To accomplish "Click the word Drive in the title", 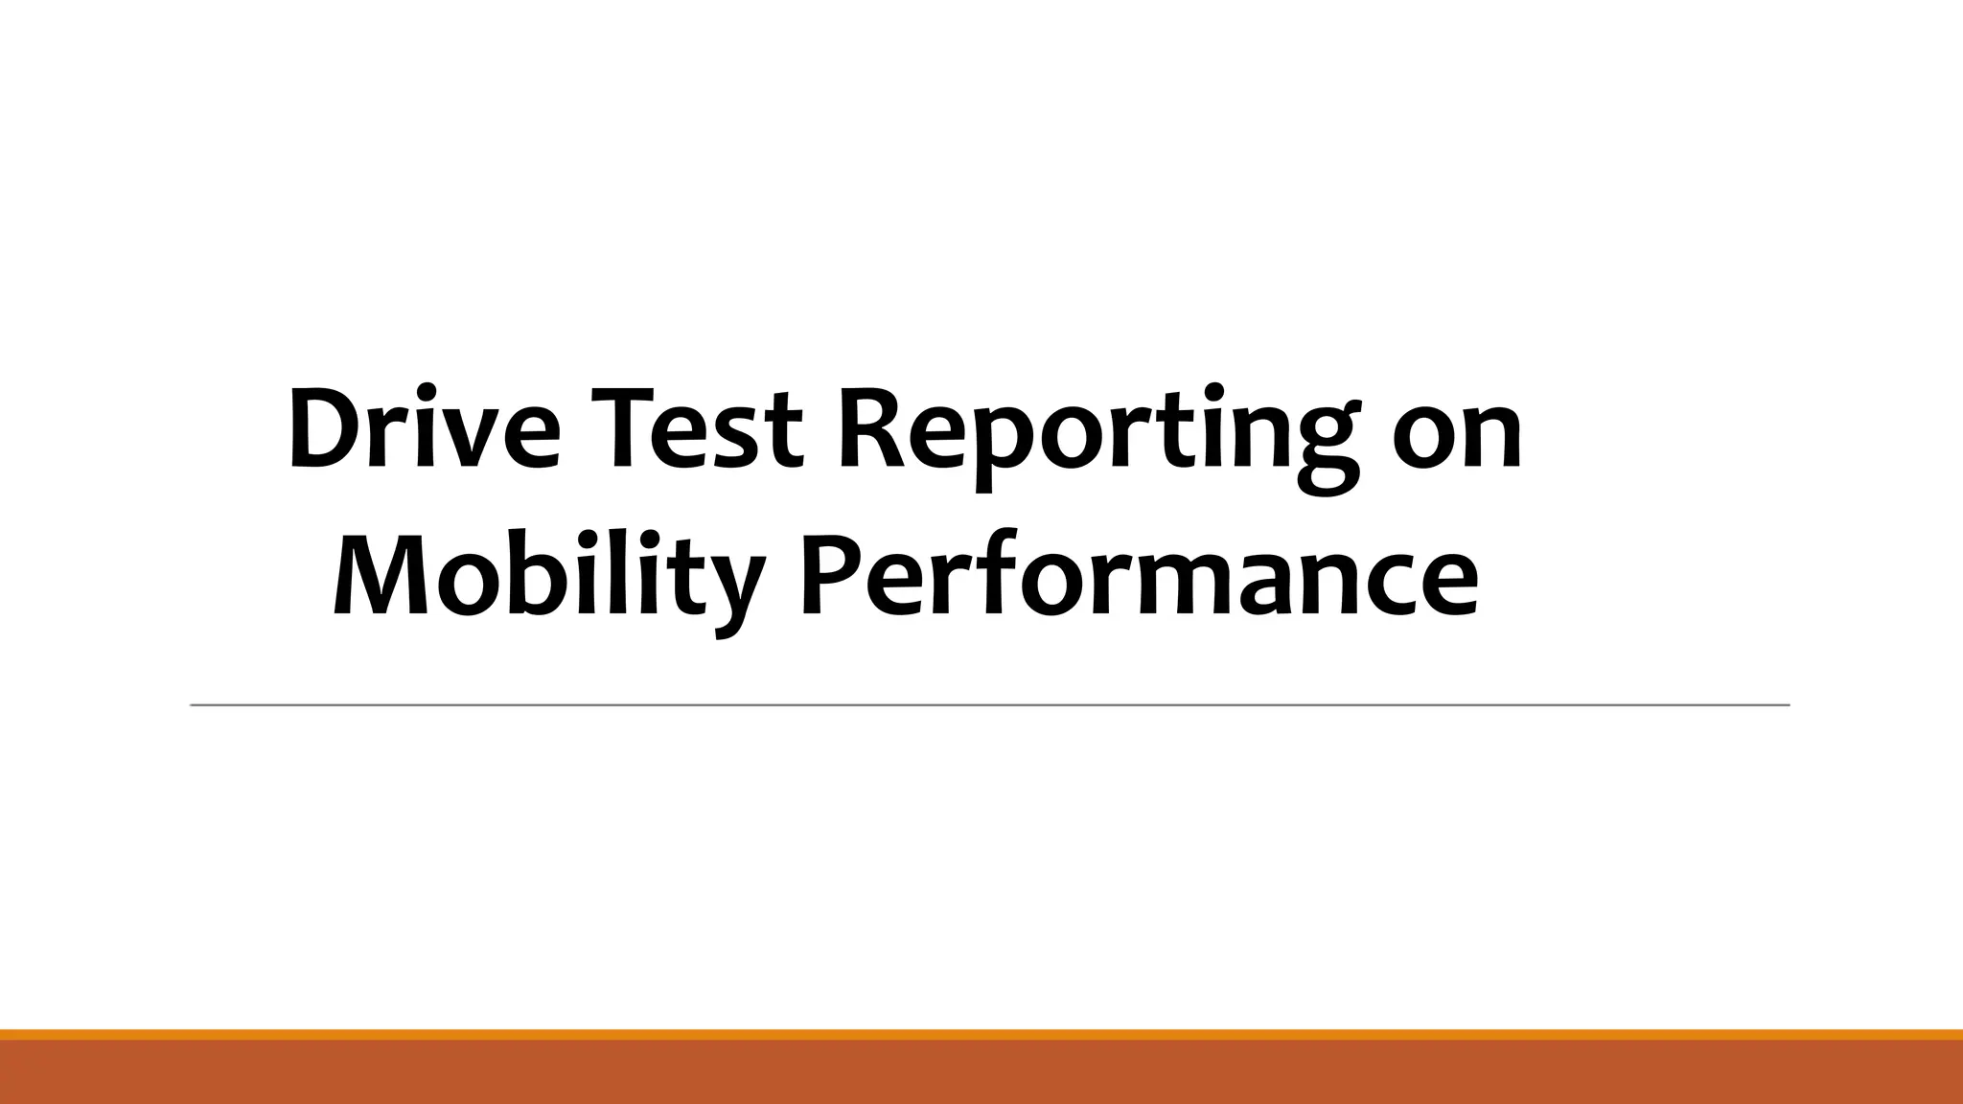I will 423,428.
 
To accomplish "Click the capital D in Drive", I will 323,428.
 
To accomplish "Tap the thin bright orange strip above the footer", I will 981,1034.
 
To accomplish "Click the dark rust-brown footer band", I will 981,1073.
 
